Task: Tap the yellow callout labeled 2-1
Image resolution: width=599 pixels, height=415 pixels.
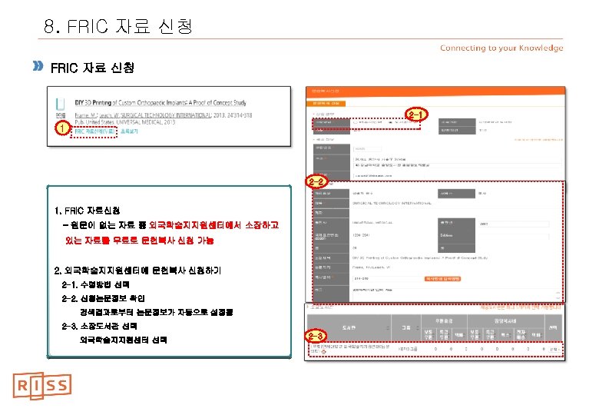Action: (414, 115)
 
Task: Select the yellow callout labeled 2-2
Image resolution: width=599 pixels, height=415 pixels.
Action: (317, 181)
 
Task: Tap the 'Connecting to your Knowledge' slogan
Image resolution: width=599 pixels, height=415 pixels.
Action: (501, 48)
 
